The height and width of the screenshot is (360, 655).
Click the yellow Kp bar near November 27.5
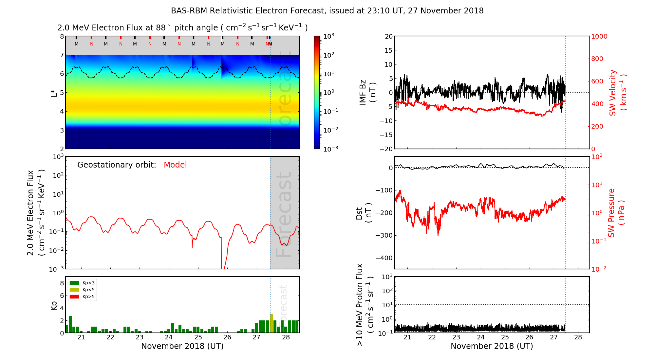coord(271,323)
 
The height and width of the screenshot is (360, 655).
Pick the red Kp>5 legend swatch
coord(74,297)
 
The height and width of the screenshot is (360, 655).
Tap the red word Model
coord(175,165)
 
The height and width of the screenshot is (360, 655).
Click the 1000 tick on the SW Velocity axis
coord(599,36)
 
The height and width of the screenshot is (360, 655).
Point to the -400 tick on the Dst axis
coord(384,258)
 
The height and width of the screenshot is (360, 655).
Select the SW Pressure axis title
coord(616,213)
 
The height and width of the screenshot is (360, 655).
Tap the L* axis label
coord(54,93)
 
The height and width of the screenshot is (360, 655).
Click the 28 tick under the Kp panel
coord(286,337)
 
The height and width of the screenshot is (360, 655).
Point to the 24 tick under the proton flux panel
coord(480,337)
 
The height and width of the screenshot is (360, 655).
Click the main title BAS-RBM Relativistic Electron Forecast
coord(327,11)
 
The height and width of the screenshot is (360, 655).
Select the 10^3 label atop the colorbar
coord(329,36)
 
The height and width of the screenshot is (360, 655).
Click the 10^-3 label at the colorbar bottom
coord(330,149)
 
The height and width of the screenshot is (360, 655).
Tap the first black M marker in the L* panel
coord(77,44)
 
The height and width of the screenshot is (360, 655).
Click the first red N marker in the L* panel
coord(91,44)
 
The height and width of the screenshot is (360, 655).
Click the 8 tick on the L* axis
coord(62,36)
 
